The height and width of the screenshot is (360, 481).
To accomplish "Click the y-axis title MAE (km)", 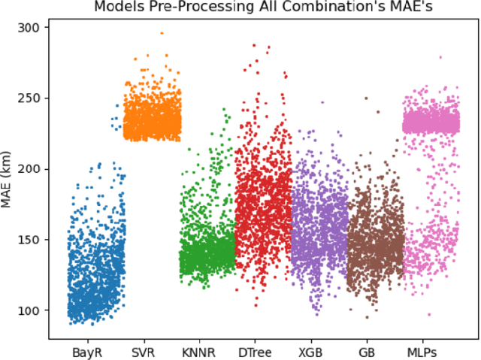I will pyautogui.click(x=10, y=168).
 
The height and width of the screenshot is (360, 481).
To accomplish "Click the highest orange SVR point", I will pyautogui.click(x=161, y=33).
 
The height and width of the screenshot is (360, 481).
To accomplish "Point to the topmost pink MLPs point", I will pyautogui.click(x=440, y=57).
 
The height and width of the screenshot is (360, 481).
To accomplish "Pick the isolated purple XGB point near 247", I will pyautogui.click(x=322, y=102).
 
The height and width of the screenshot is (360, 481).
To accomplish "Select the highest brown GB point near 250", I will pyautogui.click(x=366, y=98).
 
